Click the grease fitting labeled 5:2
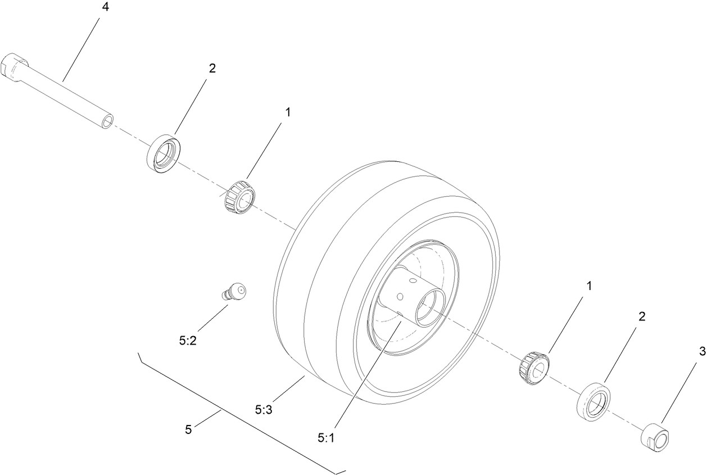[x=234, y=293]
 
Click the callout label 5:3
[x=263, y=410]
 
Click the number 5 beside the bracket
[x=188, y=429]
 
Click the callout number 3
[x=702, y=352]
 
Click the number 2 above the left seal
[x=212, y=68]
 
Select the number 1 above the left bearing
[x=288, y=112]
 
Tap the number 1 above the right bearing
[x=590, y=286]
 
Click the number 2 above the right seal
[x=642, y=316]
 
